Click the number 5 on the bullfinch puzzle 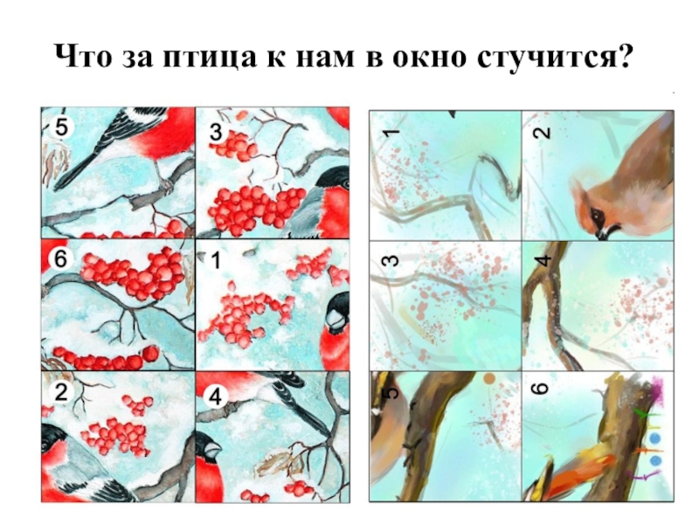pos(60,128)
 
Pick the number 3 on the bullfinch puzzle pos(216,133)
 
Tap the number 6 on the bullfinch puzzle pos(60,259)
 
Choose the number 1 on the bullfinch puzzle pos(216,259)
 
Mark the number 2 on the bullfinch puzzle pos(60,392)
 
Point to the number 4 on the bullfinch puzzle pos(216,396)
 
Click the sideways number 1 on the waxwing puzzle pos(391,133)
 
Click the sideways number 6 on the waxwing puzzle pos(541,389)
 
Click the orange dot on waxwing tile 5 pos(489,379)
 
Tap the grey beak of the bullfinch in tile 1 pos(335,320)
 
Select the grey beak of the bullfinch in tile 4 pos(212,451)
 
